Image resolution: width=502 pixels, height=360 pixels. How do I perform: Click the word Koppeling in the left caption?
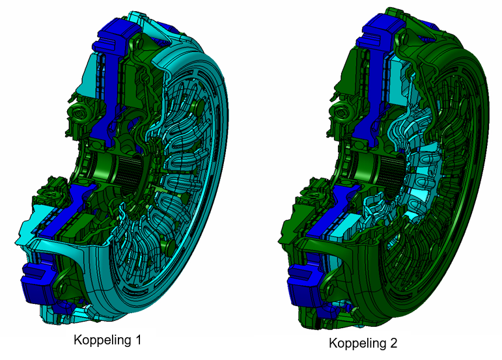pyautogui.click(x=102, y=340)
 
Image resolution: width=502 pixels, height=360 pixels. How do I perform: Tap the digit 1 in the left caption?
pyautogui.click(x=137, y=340)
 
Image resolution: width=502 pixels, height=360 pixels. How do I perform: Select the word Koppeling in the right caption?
pyautogui.click(x=357, y=343)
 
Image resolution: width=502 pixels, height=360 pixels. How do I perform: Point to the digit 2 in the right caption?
pyautogui.click(x=393, y=342)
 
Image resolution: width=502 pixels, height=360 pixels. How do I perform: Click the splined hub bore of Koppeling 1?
pyautogui.click(x=128, y=174)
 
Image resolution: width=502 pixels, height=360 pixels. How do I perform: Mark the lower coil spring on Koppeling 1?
pyautogui.click(x=49, y=193)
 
